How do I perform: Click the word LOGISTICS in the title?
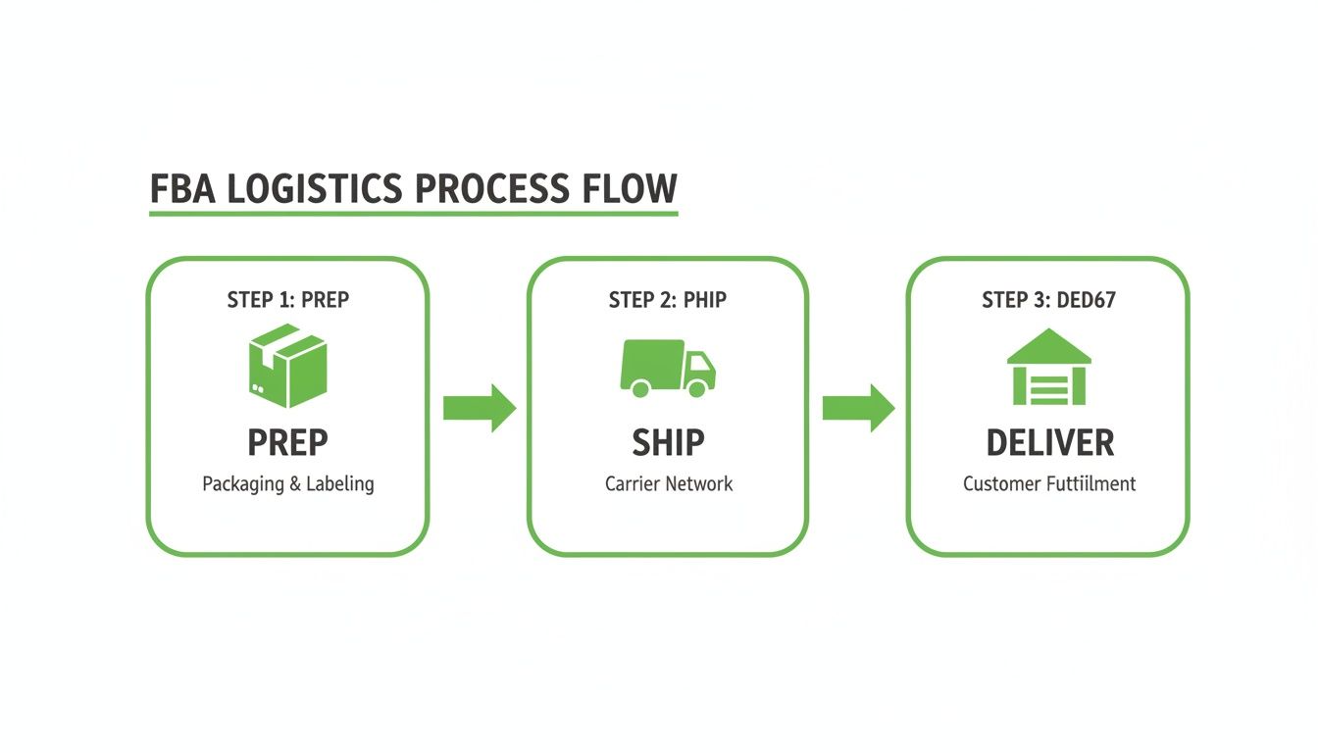tap(317, 188)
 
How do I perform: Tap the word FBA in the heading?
tap(183, 188)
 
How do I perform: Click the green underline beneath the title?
tap(413, 212)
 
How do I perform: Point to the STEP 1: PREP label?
tap(287, 300)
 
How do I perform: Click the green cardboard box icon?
tap(287, 367)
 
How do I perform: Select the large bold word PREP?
tap(287, 443)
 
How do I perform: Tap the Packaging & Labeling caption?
tap(287, 484)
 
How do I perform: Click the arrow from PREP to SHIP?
tap(479, 407)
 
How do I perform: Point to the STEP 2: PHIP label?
tap(668, 300)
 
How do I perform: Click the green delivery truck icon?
tap(668, 368)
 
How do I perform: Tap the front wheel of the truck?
tap(697, 388)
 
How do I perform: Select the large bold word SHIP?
tap(668, 443)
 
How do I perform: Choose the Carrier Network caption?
tap(668, 484)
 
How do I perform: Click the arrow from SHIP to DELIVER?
tap(858, 407)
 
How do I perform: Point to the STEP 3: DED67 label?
tap(1048, 300)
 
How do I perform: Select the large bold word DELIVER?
tap(1049, 443)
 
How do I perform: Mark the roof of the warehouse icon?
tap(1048, 346)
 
